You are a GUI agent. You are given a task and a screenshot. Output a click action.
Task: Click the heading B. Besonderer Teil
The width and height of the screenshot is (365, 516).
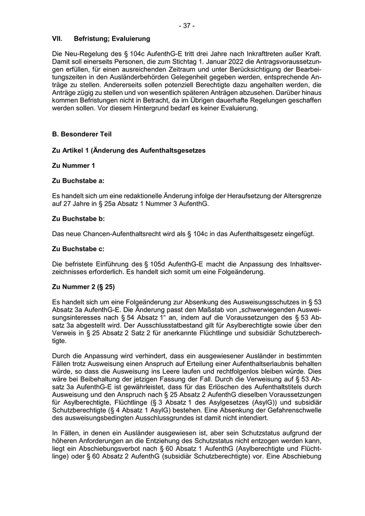82,134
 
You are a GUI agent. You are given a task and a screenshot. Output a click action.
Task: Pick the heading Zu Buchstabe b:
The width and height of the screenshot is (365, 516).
79,219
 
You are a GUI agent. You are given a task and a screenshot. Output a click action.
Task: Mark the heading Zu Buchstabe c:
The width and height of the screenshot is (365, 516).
79,250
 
